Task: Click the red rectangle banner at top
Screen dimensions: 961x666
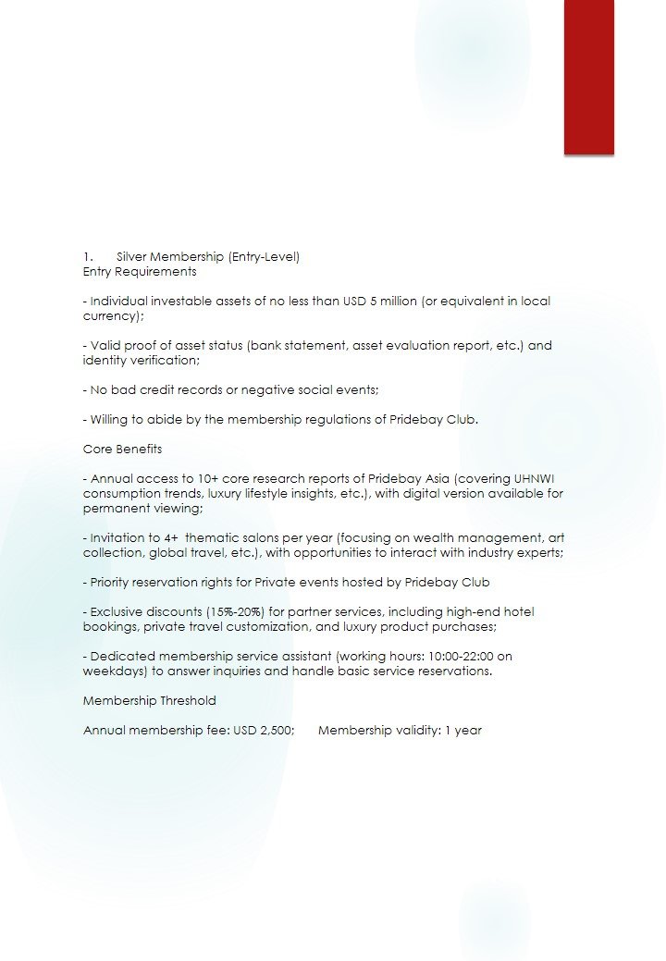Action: click(x=588, y=76)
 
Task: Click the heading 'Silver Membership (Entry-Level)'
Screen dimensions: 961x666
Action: click(x=208, y=257)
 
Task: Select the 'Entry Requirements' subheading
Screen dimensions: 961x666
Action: click(x=140, y=272)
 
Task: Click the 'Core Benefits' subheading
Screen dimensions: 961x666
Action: click(x=122, y=450)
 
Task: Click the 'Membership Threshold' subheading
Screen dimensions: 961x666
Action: click(x=150, y=701)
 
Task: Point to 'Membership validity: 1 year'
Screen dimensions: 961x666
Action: click(x=400, y=731)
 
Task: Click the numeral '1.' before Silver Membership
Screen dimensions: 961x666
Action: click(x=88, y=257)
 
